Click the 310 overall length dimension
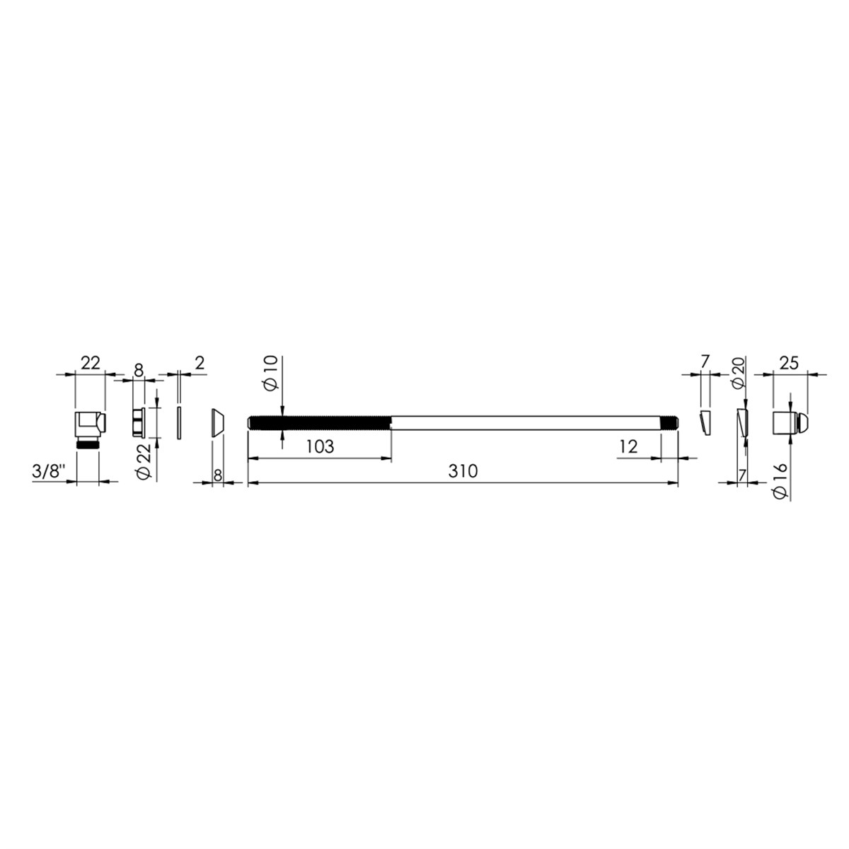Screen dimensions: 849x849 coord(463,471)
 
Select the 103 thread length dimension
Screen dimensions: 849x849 coord(320,446)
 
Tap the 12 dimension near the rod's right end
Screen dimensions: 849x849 coord(628,447)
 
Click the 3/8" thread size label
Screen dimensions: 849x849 coord(49,471)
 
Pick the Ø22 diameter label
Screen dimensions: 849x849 coord(144,462)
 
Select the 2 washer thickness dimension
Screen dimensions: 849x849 coord(200,364)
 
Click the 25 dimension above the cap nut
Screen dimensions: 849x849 coord(789,364)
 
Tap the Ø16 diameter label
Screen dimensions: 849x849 coord(780,481)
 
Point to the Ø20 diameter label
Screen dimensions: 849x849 coord(738,373)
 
